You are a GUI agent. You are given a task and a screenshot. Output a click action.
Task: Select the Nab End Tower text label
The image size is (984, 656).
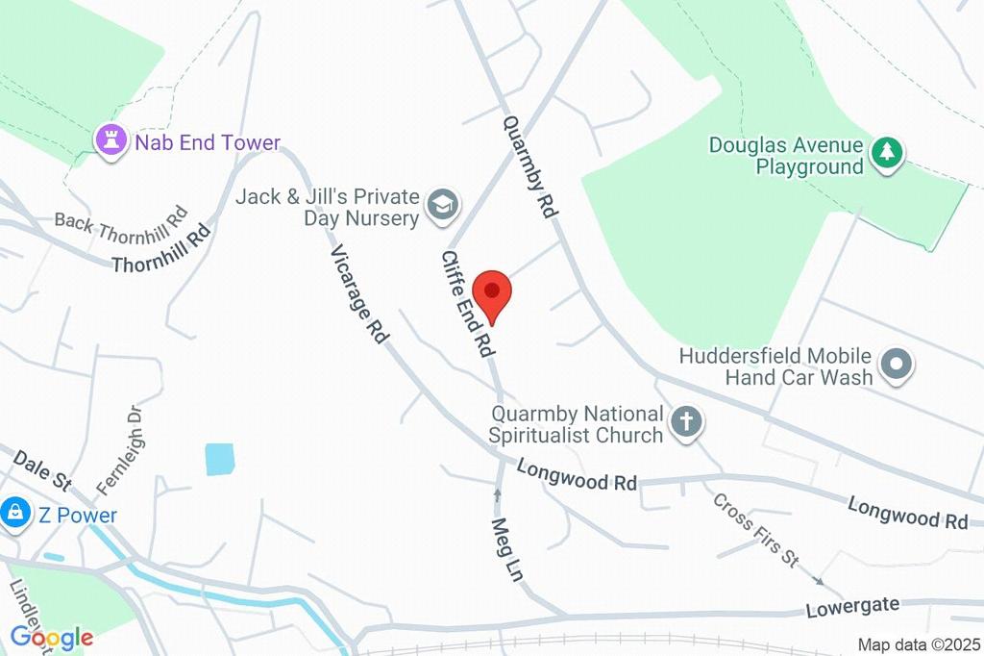(208, 143)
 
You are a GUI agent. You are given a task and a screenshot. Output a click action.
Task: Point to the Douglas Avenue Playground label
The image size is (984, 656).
(786, 156)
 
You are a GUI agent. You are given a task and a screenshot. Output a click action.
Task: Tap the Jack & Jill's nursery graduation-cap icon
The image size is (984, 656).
(444, 204)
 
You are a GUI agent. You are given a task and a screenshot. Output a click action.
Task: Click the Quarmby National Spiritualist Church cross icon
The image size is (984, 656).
(686, 422)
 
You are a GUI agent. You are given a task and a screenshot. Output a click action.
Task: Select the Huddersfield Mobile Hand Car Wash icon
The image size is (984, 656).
(897, 366)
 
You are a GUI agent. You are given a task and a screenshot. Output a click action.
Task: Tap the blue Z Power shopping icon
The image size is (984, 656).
(16, 515)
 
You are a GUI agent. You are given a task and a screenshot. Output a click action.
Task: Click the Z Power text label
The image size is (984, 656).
(78, 516)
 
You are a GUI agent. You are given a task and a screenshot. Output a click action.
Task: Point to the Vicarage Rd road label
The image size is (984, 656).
(359, 294)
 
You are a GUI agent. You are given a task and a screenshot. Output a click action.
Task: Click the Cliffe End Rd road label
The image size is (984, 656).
(468, 304)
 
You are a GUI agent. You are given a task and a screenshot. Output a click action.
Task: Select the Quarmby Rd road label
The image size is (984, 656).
(529, 166)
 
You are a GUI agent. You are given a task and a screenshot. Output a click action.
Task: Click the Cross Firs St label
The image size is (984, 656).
(755, 529)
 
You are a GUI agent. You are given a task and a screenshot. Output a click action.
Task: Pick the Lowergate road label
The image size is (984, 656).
(851, 606)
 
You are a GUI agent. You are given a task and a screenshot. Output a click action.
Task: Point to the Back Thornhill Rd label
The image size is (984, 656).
(120, 221)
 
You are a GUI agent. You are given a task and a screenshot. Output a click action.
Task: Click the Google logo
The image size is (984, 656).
(51, 637)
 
